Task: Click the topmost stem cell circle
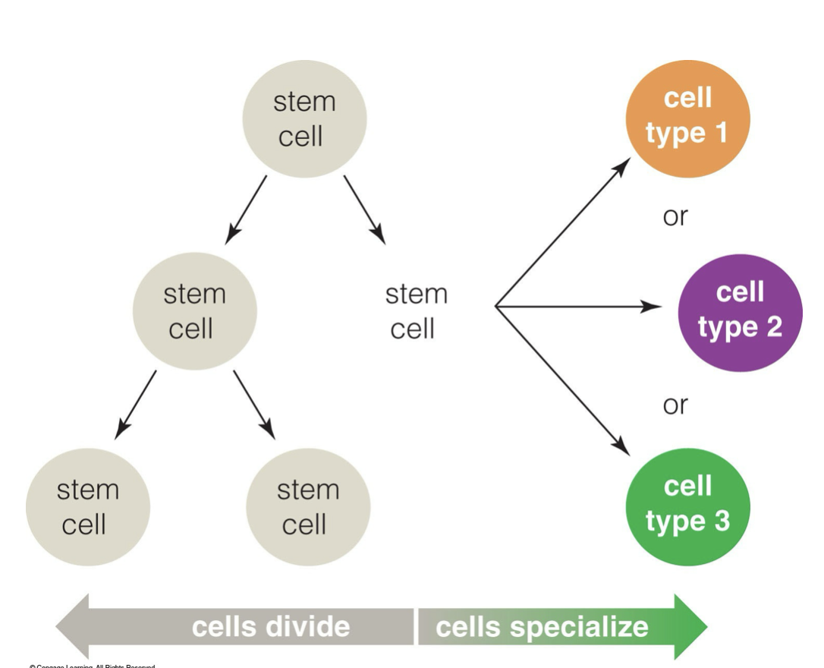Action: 304,119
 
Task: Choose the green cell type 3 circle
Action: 687,503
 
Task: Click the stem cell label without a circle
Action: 416,311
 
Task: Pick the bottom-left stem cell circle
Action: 88,507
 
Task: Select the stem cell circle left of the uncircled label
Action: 195,311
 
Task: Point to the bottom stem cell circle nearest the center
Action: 308,507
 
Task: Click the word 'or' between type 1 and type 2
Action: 675,216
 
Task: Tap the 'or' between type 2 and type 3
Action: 675,405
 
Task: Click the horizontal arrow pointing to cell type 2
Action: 577,307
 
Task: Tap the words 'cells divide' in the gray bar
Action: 271,627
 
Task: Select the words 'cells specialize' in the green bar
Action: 542,627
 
